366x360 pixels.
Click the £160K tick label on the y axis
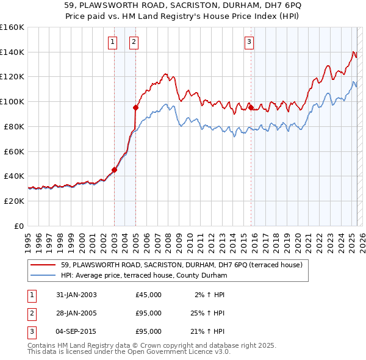pyautogui.click(x=12, y=27)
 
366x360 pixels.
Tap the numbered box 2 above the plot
pyautogui.click(x=134, y=42)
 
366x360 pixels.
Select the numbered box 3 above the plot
pyautogui.click(x=249, y=42)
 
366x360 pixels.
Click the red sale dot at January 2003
pyautogui.click(x=114, y=170)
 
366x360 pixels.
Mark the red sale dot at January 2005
pyautogui.click(x=135, y=107)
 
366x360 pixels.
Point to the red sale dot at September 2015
pyautogui.click(x=251, y=107)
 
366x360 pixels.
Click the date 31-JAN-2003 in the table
pyautogui.click(x=76, y=295)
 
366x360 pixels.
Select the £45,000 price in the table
pyautogui.click(x=149, y=295)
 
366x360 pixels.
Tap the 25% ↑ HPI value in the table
pyautogui.click(x=207, y=313)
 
